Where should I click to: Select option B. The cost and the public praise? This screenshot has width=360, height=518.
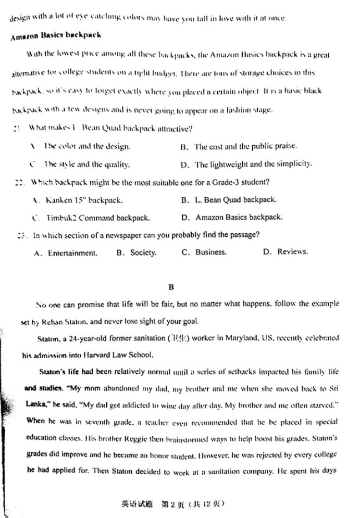[239, 146]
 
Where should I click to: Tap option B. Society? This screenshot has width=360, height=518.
[136, 253]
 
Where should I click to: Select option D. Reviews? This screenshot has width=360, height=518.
[285, 252]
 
